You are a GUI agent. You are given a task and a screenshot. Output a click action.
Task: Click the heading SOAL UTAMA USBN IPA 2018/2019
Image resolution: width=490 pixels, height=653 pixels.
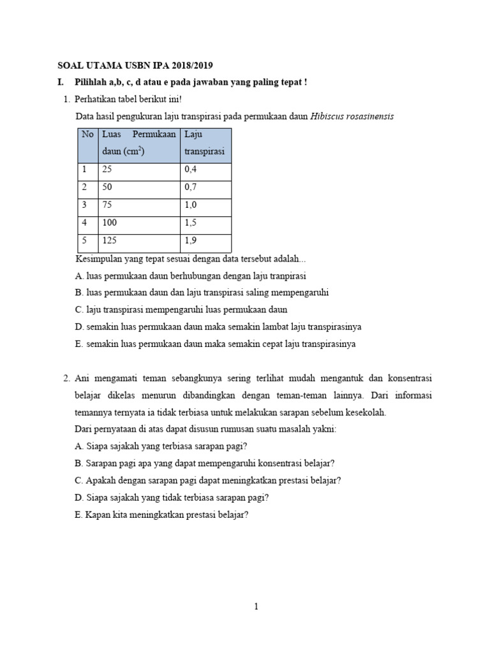click(135, 65)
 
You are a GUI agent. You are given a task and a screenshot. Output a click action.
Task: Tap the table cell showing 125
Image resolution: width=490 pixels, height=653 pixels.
click(108, 241)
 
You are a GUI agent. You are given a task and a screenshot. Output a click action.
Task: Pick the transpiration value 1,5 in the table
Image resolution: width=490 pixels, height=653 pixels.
click(191, 224)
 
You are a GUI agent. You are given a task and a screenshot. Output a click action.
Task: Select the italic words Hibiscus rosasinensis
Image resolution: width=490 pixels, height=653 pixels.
click(352, 116)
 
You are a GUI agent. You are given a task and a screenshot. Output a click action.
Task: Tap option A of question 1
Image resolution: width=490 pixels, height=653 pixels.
click(190, 276)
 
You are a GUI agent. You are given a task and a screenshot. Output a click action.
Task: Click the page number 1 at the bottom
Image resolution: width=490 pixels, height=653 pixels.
click(256, 606)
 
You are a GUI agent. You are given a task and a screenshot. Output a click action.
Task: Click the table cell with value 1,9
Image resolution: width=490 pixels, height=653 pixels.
click(191, 241)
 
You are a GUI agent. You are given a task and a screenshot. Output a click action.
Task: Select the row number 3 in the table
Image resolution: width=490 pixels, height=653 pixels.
click(84, 206)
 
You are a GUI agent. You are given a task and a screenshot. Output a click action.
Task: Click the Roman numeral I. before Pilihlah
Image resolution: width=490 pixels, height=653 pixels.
click(61, 83)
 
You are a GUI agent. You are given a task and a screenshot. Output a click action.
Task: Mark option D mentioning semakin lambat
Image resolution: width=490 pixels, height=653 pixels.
click(218, 326)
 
